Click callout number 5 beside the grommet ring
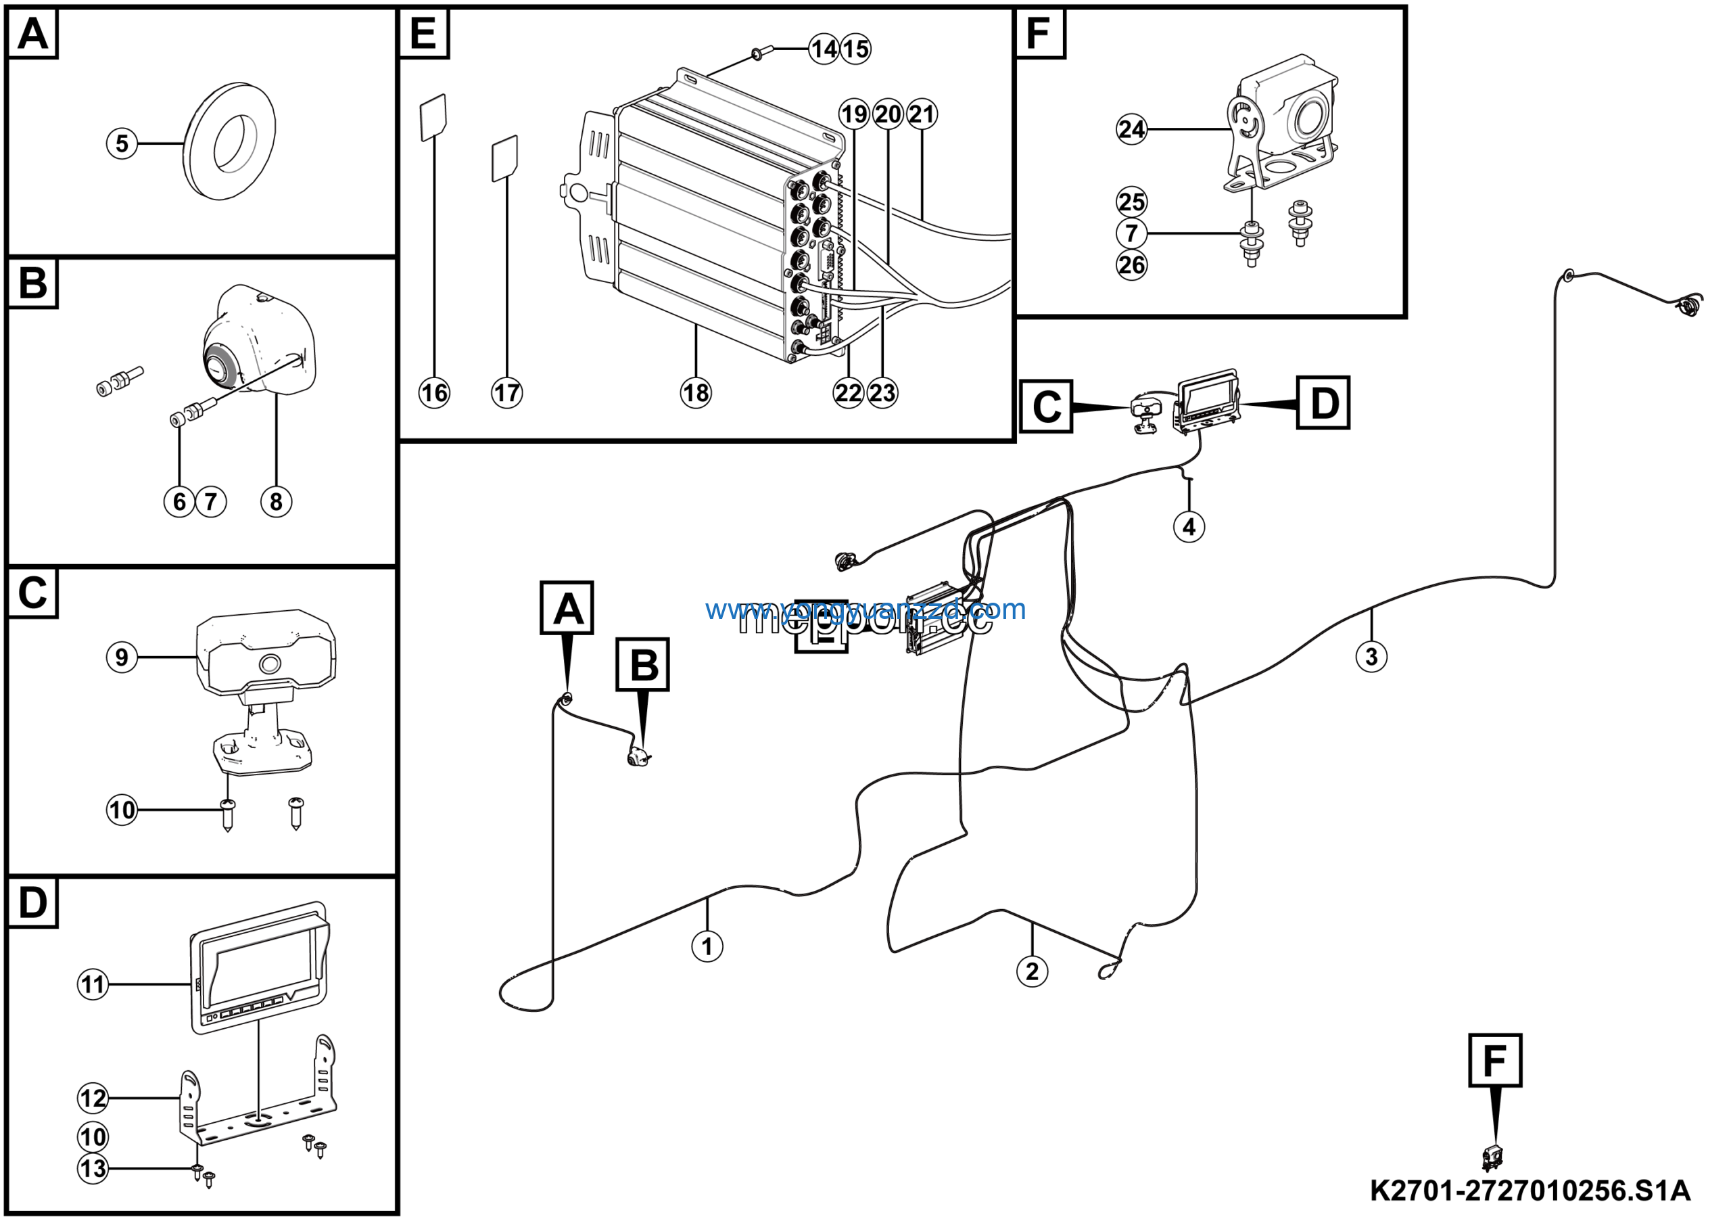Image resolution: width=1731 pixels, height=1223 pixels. click(x=122, y=143)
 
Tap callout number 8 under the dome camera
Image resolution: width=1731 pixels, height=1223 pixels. click(x=276, y=501)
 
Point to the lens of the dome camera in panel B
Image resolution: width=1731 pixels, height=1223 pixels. click(x=221, y=367)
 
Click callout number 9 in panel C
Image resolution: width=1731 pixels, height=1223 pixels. click(x=122, y=657)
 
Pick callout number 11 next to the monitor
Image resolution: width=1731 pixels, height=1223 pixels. click(x=93, y=984)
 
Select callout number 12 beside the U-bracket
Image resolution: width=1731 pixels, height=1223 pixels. click(x=93, y=1098)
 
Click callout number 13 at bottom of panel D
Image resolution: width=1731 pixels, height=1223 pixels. click(x=93, y=1169)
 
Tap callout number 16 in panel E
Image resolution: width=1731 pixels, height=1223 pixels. click(x=434, y=393)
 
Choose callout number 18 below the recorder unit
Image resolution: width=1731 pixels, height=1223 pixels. click(x=695, y=393)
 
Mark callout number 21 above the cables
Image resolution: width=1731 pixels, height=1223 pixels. click(x=922, y=114)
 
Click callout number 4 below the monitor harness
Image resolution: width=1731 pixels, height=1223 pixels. click(x=1189, y=526)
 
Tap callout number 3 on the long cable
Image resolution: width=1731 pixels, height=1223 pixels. click(x=1371, y=657)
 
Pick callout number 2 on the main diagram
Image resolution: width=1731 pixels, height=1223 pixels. click(x=1032, y=971)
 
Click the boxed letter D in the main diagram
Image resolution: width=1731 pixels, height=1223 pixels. click(x=1323, y=402)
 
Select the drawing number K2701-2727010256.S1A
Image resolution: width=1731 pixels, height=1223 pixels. click(x=1530, y=1191)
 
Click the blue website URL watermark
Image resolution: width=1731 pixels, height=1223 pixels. click(x=865, y=609)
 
